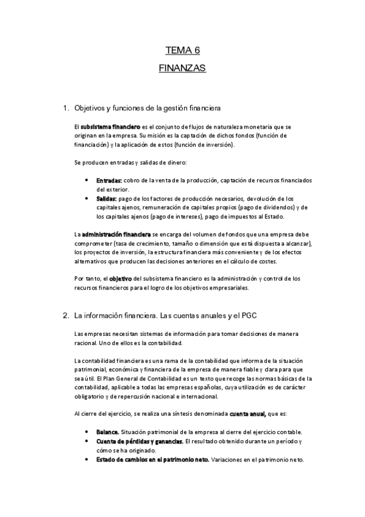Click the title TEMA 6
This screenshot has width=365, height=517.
182,51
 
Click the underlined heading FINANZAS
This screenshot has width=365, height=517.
182,68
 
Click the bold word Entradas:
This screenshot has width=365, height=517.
108,181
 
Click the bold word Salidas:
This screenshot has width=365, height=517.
107,199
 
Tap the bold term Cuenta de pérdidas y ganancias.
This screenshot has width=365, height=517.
140,441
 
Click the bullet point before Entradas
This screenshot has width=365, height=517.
89,181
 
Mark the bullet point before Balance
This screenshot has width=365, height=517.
89,432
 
